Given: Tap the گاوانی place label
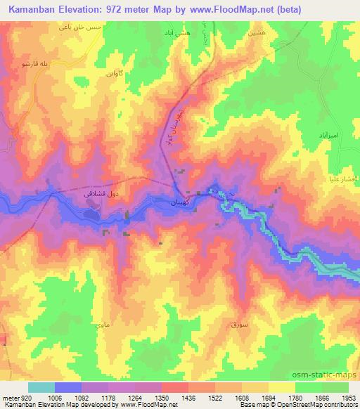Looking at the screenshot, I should (112, 72).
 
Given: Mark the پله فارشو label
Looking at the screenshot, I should (33, 64).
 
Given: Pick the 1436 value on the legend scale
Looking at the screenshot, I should (188, 397).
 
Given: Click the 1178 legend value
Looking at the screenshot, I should (108, 397).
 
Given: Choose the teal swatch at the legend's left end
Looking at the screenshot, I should (41, 387).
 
